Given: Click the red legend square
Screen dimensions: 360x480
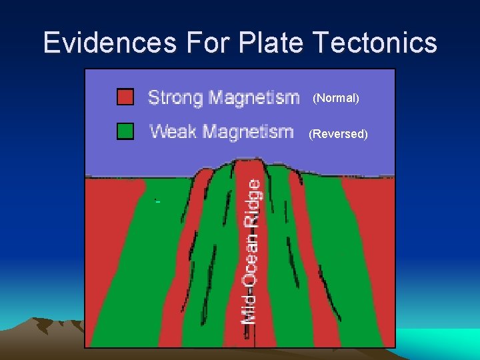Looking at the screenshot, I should (x=125, y=97).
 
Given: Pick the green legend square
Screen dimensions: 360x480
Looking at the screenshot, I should (x=125, y=131).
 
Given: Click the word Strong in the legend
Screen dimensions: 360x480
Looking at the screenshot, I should (x=174, y=98).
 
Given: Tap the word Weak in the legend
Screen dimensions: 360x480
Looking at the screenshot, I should (x=173, y=131).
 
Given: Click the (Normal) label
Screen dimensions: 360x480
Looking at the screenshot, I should (x=336, y=99).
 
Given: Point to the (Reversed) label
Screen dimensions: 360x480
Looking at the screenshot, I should (x=338, y=134).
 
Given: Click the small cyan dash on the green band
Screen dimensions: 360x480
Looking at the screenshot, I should (x=157, y=201).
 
